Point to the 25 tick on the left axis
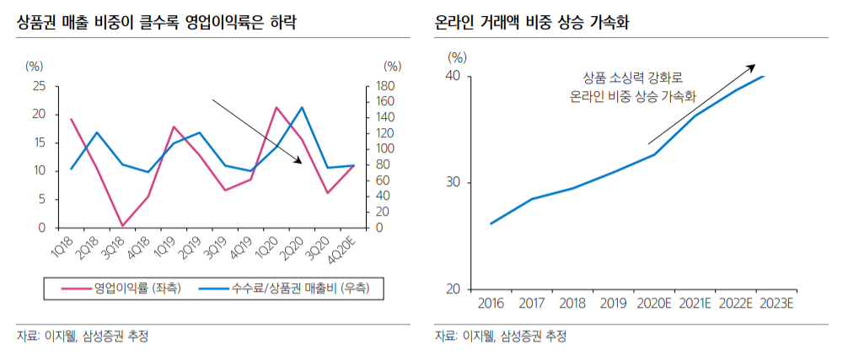point(39,86)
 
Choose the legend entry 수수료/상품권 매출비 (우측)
point(296,288)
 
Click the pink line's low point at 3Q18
point(122,226)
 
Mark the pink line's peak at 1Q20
point(277,108)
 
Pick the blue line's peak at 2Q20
point(302,108)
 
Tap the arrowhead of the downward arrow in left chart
point(300,162)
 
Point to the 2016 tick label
point(491,304)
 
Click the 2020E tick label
point(654,304)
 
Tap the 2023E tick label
point(777,304)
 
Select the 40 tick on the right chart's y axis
point(454,77)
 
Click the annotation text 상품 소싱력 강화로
point(632,78)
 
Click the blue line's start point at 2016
point(491,223)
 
